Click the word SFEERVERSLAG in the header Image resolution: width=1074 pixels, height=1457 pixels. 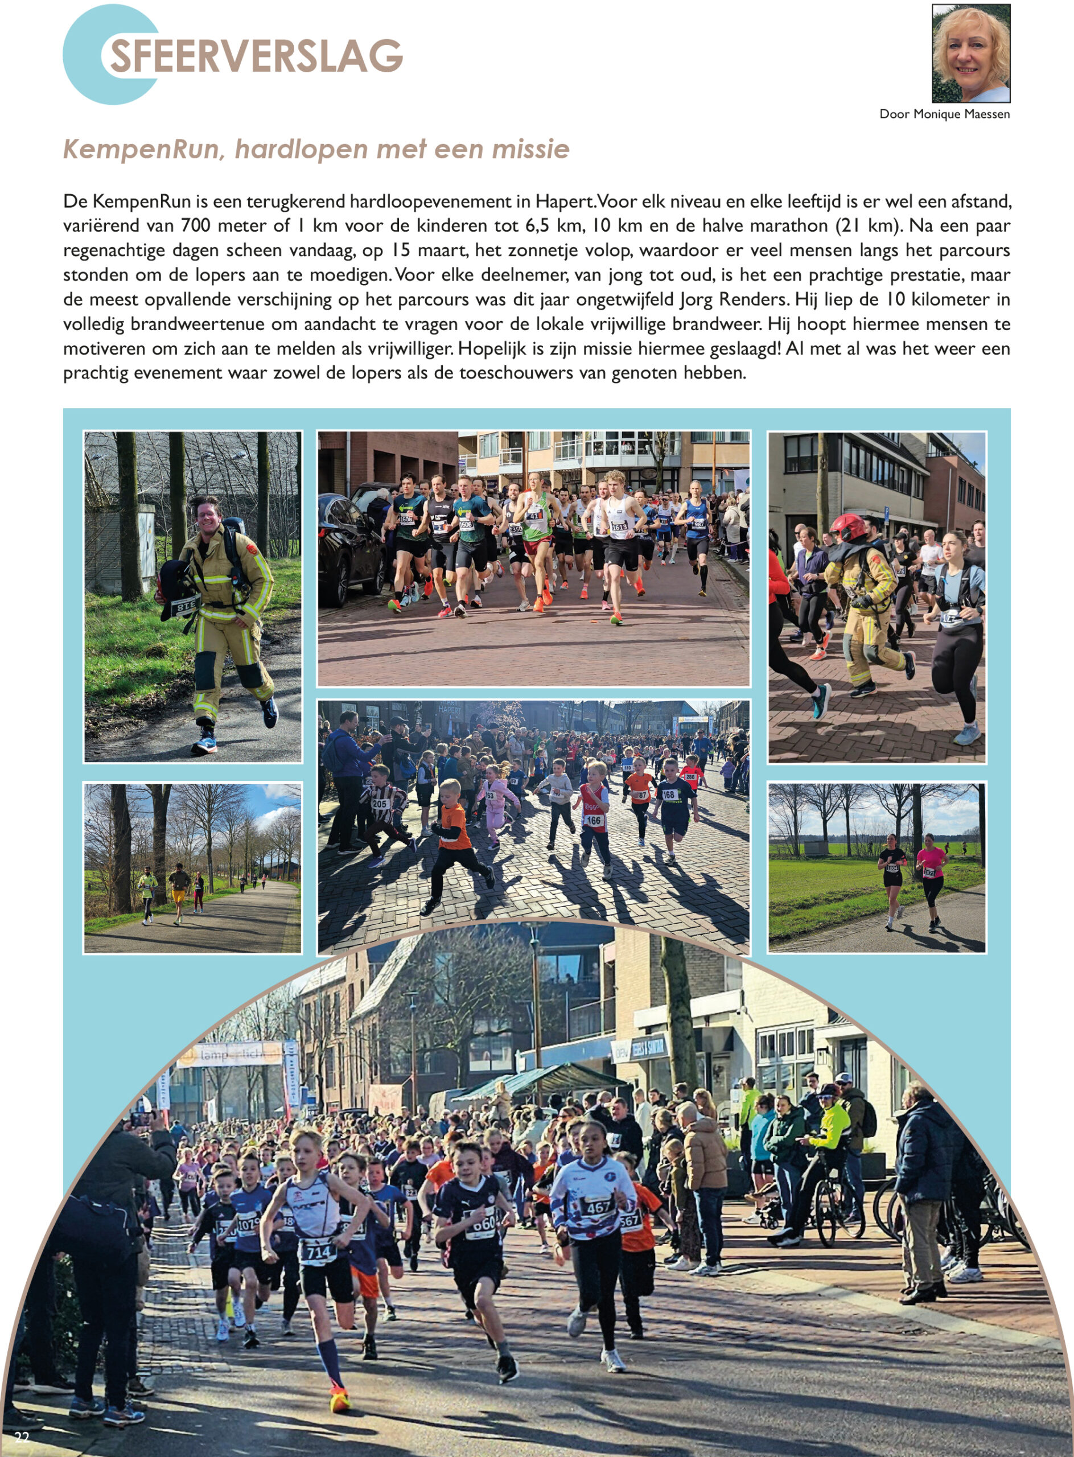[x=256, y=56]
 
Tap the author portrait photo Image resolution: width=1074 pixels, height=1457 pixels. [x=970, y=53]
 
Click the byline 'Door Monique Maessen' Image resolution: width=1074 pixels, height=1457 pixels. [x=944, y=114]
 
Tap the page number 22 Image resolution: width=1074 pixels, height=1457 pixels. [x=22, y=1437]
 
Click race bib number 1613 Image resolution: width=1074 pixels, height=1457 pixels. [x=618, y=525]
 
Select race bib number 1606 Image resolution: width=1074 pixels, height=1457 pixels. [x=466, y=524]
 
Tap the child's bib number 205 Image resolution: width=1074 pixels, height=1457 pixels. [x=380, y=804]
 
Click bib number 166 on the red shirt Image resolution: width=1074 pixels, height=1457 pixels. [x=594, y=821]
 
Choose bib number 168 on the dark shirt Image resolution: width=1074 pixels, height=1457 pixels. [x=668, y=795]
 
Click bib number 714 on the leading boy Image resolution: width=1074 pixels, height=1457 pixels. [x=318, y=1252]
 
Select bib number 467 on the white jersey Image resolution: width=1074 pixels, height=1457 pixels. [x=598, y=1207]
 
